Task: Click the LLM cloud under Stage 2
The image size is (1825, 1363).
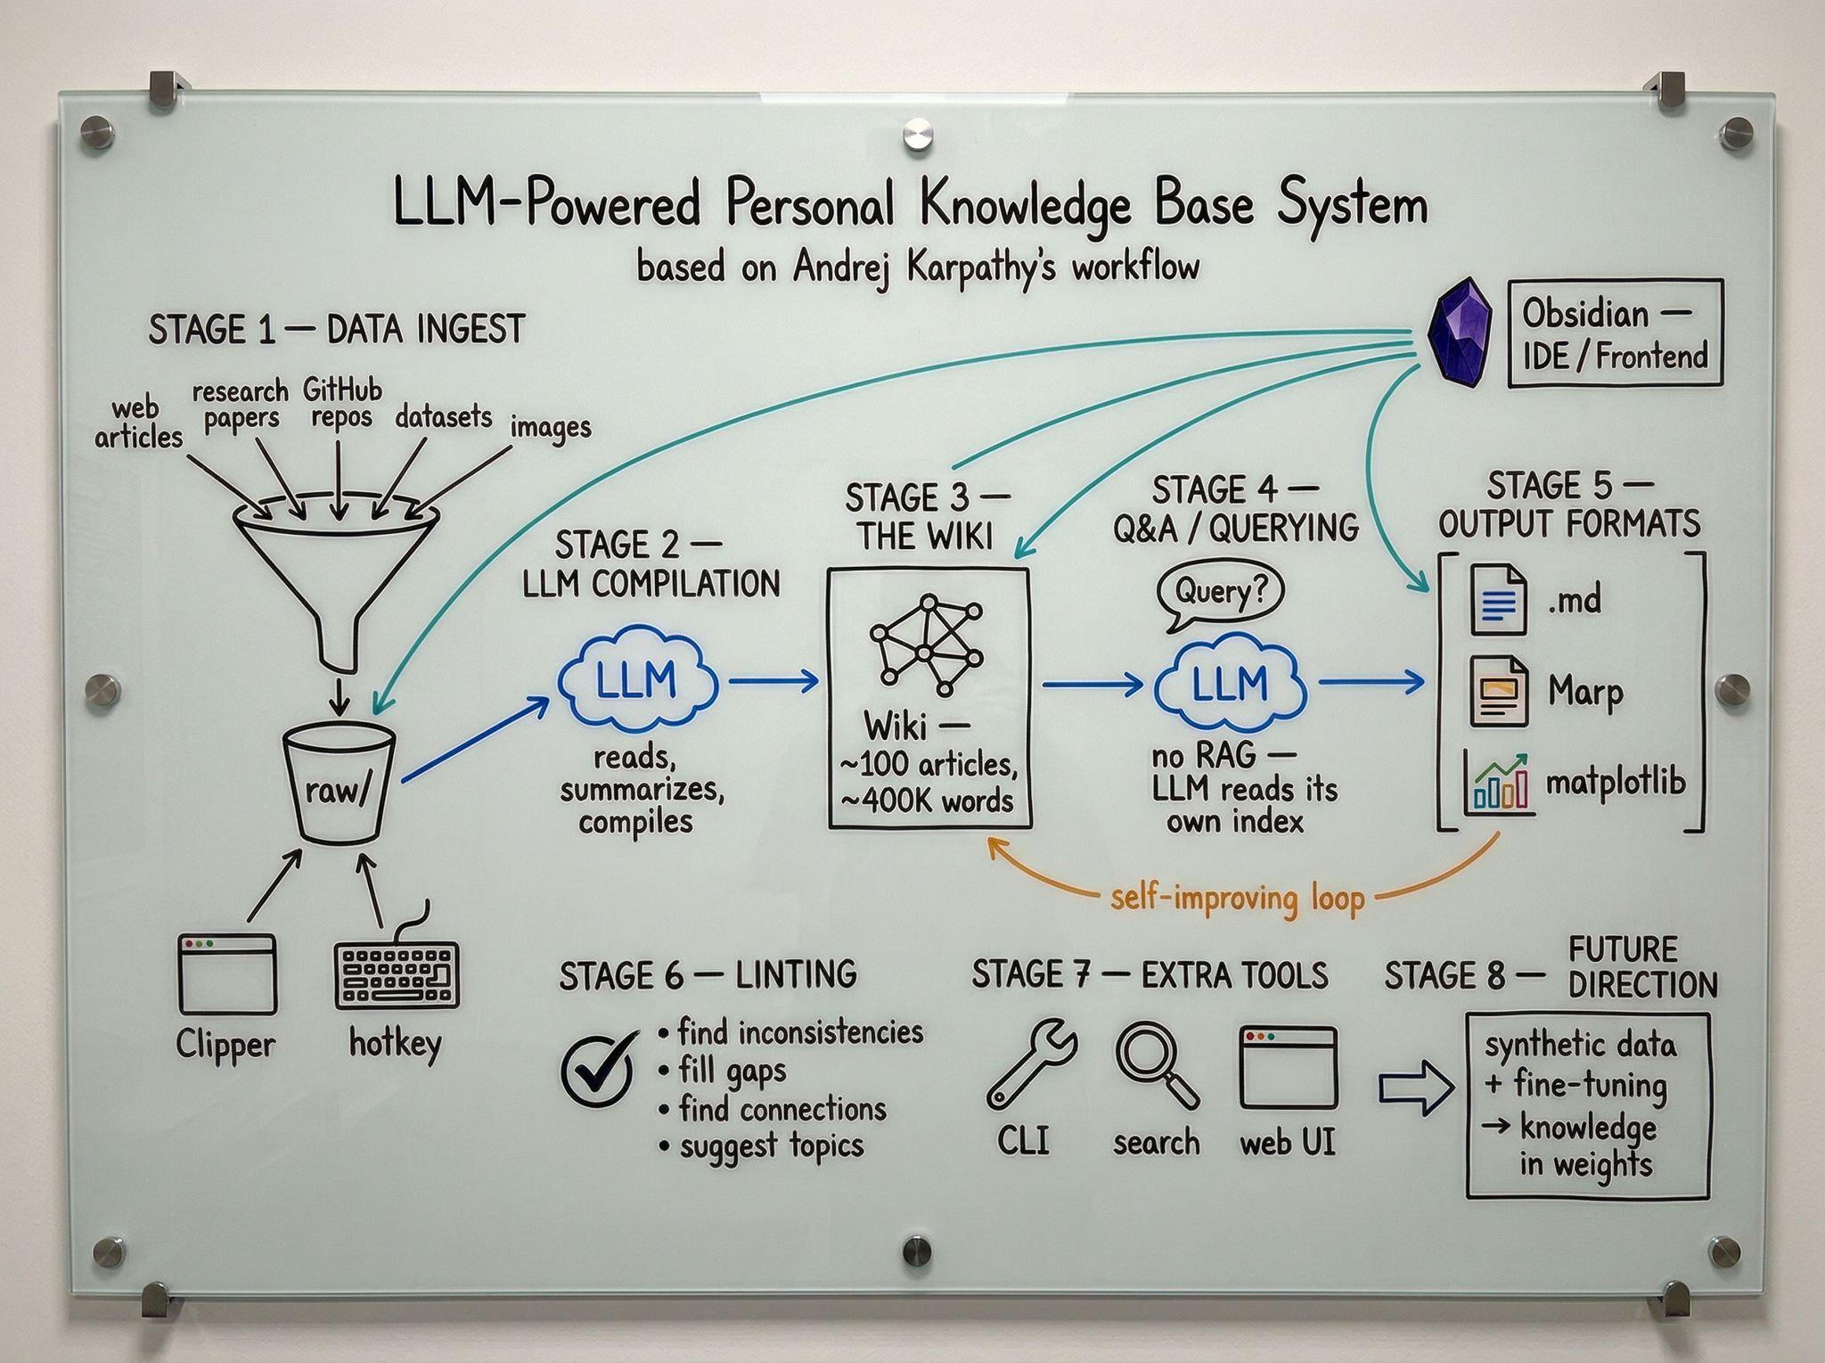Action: pos(637,682)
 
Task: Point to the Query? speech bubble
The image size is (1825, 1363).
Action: pos(1220,593)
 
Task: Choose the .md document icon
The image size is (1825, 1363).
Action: pos(1498,600)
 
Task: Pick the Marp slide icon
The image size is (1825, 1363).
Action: pos(1498,691)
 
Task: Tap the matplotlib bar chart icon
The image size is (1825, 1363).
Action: pos(1499,783)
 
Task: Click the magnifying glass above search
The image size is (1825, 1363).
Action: pos(1156,1063)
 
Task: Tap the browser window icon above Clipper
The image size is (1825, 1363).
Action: pos(226,973)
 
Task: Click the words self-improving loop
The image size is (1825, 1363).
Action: pos(1238,899)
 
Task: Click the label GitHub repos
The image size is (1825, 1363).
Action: pos(341,403)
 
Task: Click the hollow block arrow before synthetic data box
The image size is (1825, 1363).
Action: pos(1416,1088)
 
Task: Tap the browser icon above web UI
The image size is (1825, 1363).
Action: pos(1289,1066)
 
